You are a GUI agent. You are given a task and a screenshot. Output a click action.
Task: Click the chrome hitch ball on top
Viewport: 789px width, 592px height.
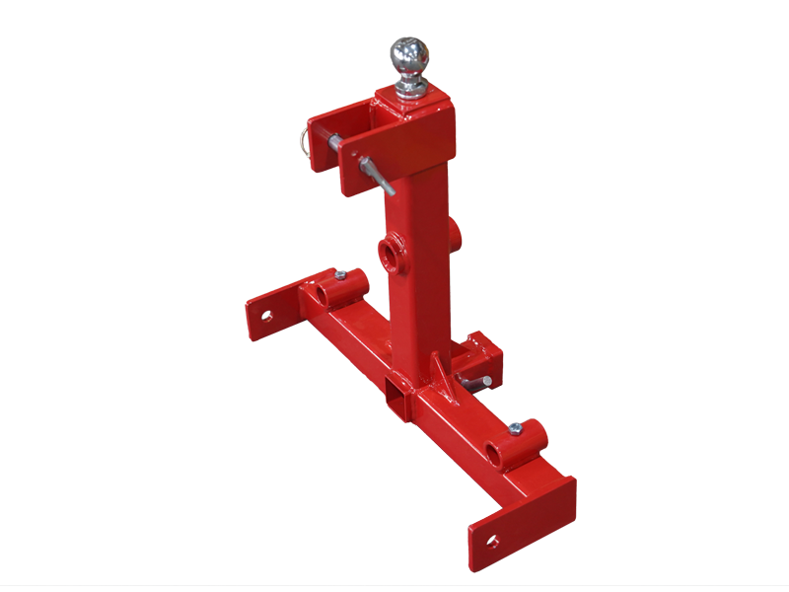click(410, 56)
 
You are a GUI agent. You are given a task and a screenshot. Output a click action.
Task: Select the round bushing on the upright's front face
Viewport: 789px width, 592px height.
click(393, 254)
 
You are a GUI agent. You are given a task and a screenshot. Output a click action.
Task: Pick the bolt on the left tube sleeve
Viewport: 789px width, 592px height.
click(340, 274)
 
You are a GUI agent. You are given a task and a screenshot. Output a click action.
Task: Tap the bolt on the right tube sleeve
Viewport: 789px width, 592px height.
click(515, 429)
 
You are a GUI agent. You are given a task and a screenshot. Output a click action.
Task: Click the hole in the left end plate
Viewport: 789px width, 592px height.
click(266, 316)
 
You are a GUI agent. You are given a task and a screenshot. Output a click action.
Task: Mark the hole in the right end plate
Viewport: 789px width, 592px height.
click(492, 541)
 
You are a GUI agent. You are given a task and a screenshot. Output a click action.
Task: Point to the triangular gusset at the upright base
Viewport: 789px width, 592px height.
click(437, 374)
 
